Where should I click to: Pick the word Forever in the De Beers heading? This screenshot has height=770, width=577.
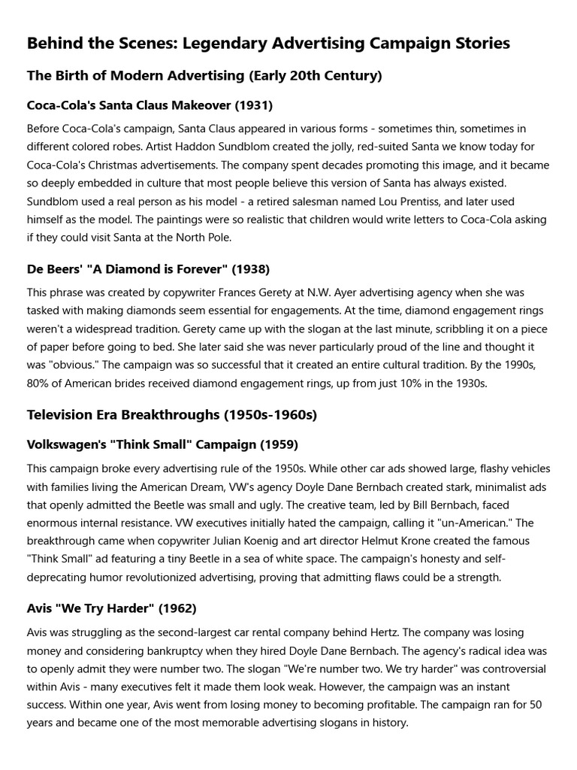click(x=188, y=268)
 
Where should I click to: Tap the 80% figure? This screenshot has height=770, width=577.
click(x=39, y=383)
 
